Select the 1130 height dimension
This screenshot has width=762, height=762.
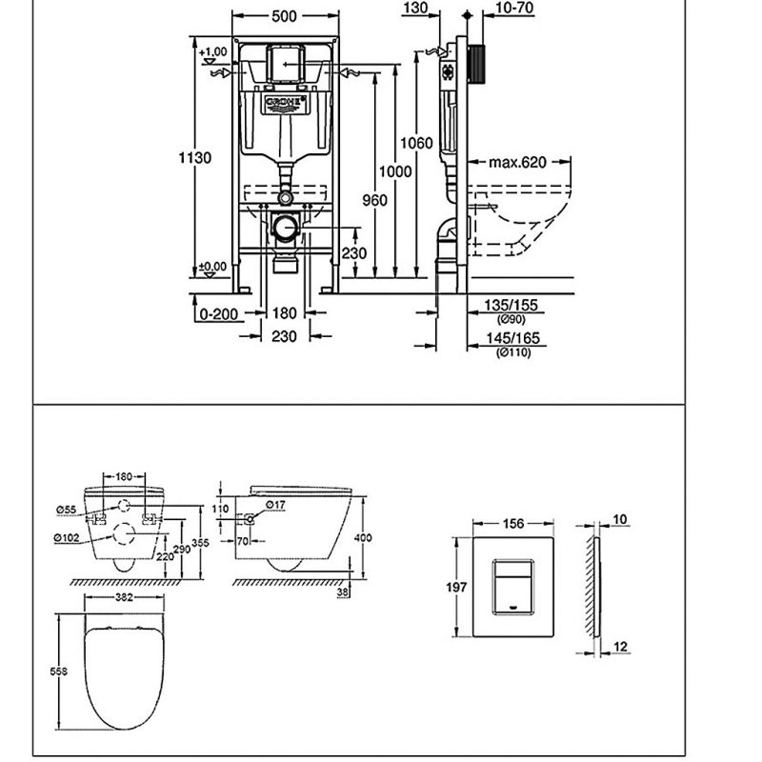pos(196,158)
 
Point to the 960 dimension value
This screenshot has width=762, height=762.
pos(375,200)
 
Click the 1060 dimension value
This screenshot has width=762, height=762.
pos(416,143)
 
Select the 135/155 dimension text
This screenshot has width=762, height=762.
pos(511,306)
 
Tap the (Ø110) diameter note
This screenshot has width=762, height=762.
pos(512,353)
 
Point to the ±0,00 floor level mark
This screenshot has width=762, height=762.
pos(214,266)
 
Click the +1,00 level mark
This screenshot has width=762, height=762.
pos(214,50)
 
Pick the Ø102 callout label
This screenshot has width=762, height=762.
pos(66,537)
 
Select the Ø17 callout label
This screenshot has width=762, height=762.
pos(275,504)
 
